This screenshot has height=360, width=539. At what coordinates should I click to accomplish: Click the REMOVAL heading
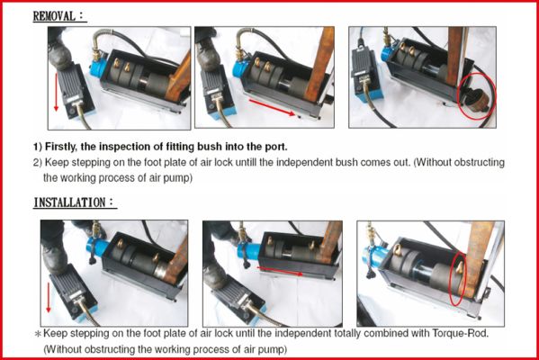click(59, 16)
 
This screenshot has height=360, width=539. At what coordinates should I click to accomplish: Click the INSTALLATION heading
click(75, 202)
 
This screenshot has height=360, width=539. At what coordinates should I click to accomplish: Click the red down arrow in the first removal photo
click(56, 92)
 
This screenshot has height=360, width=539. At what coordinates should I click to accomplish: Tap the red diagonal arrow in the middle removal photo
click(272, 108)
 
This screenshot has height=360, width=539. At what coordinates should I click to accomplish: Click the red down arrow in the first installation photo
click(48, 297)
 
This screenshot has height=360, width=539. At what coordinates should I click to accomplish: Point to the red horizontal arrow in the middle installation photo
click(280, 271)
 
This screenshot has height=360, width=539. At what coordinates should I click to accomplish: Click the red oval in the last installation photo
click(458, 279)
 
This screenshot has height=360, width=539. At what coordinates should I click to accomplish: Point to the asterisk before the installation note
click(38, 334)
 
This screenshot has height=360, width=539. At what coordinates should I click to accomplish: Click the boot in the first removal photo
click(59, 51)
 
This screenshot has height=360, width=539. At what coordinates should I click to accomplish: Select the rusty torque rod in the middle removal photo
click(319, 65)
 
